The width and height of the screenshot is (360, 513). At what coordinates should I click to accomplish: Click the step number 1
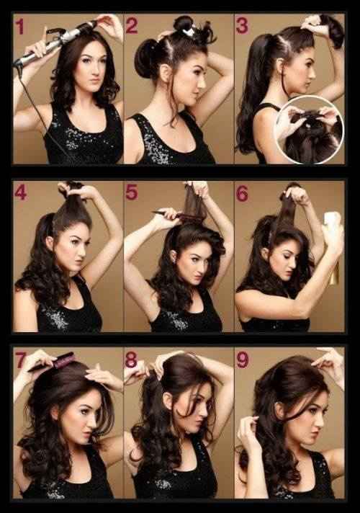click(20, 27)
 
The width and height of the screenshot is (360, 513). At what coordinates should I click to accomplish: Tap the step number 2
click(132, 25)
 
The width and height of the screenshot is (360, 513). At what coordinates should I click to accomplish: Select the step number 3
click(242, 26)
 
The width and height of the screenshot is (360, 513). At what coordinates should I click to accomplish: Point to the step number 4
click(20, 193)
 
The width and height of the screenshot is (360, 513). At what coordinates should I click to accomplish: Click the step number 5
click(132, 192)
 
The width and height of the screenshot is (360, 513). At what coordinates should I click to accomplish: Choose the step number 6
click(243, 193)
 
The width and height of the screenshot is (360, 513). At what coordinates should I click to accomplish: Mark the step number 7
click(21, 360)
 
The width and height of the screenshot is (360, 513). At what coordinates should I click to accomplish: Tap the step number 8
click(131, 360)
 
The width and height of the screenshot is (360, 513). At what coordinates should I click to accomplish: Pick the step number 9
click(243, 360)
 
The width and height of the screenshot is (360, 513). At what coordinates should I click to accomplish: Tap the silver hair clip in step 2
click(189, 32)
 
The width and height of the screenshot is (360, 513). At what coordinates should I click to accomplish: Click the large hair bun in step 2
click(148, 58)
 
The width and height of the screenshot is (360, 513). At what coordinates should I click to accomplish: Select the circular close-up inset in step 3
click(310, 130)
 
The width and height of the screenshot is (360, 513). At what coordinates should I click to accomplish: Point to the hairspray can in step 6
click(331, 248)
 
